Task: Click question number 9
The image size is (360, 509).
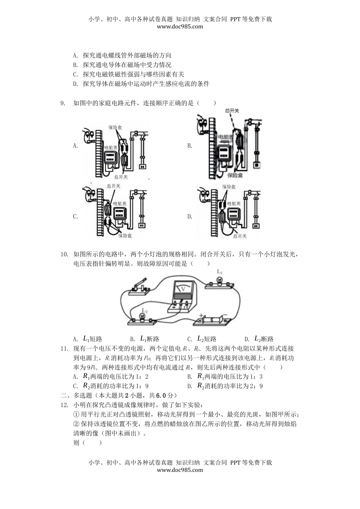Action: tap(63, 103)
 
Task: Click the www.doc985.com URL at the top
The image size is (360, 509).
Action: tap(180, 27)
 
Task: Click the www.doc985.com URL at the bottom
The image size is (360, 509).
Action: tap(180, 470)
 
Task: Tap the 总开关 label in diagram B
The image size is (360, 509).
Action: tap(232, 111)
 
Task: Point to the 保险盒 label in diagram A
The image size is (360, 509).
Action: tap(115, 128)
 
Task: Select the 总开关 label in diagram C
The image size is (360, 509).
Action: tap(113, 186)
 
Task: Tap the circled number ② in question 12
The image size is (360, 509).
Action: tap(76, 424)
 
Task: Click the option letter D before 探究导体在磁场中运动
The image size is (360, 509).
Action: tap(75, 84)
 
